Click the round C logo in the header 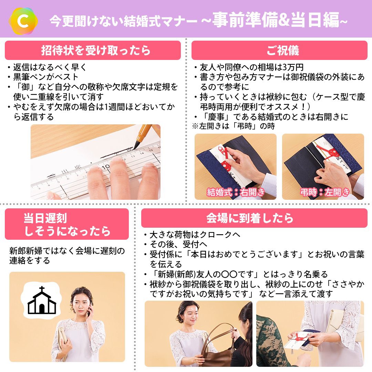click(x=23, y=21)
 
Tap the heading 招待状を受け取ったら click(x=96, y=50)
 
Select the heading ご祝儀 click(x=282, y=50)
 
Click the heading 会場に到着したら click(x=250, y=218)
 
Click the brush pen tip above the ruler click(x=137, y=145)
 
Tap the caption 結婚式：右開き click(x=236, y=192)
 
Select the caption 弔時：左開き click(x=325, y=192)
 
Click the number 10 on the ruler click(x=106, y=167)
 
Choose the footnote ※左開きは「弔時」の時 click(x=234, y=126)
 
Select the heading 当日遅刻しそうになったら click(x=67, y=225)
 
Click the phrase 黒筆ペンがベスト click(x=45, y=77)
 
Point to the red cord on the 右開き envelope click(x=225, y=159)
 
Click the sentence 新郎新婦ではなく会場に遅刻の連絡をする click(x=67, y=256)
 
